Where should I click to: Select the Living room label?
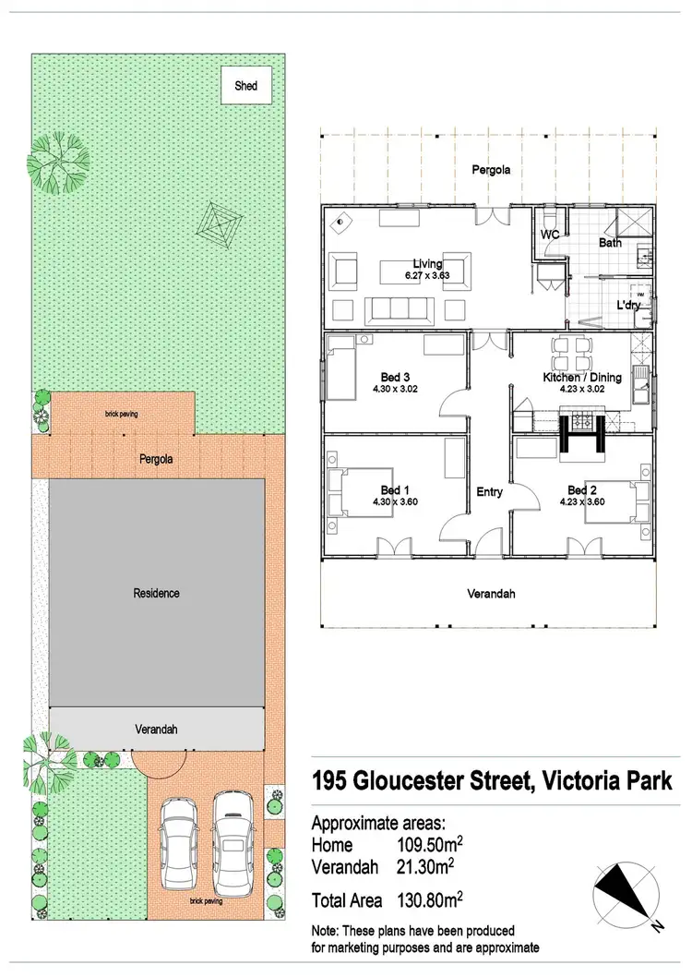427,264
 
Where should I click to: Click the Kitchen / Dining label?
581,377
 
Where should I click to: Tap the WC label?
552,235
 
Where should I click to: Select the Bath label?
610,244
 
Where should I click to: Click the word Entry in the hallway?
489,492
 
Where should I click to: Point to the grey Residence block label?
156,593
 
